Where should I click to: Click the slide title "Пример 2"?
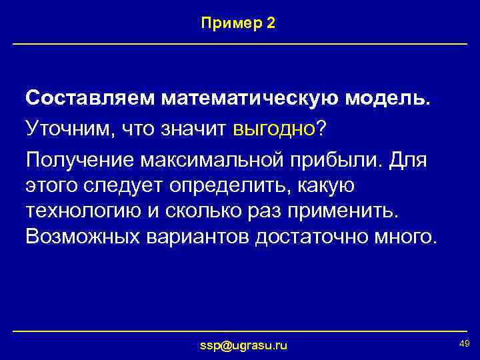[238, 23]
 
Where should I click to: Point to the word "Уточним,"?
[69, 127]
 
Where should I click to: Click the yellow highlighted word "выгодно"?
[274, 127]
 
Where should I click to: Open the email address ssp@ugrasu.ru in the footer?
[244, 345]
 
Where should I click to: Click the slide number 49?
[464, 343]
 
